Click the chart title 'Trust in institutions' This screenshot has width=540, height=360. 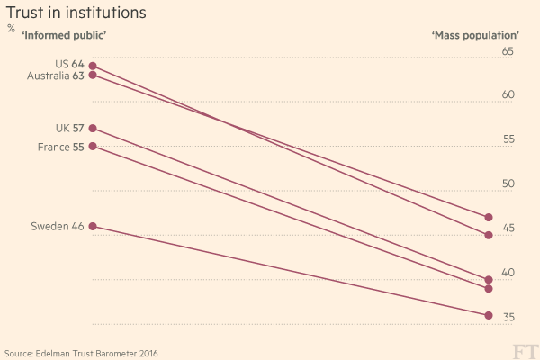(x=77, y=13)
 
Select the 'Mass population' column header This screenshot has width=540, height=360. (x=476, y=35)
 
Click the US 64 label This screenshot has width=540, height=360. (x=69, y=64)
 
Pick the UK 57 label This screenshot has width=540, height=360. (x=69, y=128)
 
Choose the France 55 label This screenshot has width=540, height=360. (x=60, y=146)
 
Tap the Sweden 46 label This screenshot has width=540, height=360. (x=57, y=227)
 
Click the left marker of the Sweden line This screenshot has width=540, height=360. (x=93, y=227)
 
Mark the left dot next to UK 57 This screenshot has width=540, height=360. (x=93, y=129)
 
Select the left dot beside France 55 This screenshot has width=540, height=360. (x=93, y=146)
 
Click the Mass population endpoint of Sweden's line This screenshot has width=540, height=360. (x=489, y=315)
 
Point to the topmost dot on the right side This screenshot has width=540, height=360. (x=489, y=218)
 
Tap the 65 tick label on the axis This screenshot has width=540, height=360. (x=508, y=52)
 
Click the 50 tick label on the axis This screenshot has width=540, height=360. (x=508, y=184)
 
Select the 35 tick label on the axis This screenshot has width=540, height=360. (x=508, y=317)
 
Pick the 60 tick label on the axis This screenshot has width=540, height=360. (x=508, y=95)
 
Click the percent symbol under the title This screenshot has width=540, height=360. (x=11, y=29)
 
